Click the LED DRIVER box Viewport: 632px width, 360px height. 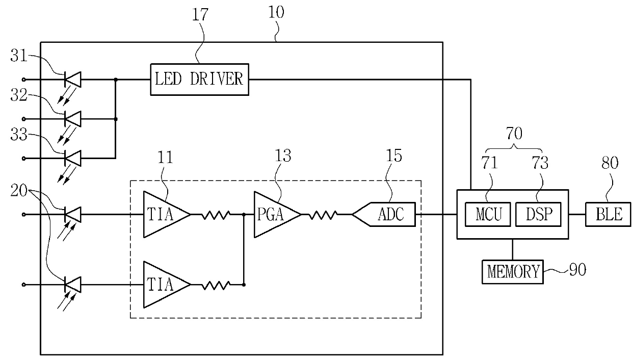199,80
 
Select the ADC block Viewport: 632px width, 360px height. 384,214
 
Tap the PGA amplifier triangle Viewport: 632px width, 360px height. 277,215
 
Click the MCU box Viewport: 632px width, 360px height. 488,214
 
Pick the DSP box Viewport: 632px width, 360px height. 538,214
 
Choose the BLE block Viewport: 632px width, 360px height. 608,214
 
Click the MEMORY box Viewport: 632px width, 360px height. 512,272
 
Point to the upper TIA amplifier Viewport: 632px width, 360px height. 167,215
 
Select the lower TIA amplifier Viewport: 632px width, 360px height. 167,285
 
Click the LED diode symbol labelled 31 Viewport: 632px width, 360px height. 73,80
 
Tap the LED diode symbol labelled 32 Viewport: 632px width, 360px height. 73,119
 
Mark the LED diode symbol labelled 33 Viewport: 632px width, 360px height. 73,158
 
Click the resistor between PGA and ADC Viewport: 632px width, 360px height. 323,215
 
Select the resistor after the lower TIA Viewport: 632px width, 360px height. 216,285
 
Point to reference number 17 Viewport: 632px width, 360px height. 200,14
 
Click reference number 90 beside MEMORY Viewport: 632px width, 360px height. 577,270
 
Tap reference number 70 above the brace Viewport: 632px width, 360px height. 514,133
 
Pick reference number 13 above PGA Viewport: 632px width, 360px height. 283,156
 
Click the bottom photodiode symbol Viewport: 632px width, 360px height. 73,285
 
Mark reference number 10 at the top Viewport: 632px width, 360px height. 276,12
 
